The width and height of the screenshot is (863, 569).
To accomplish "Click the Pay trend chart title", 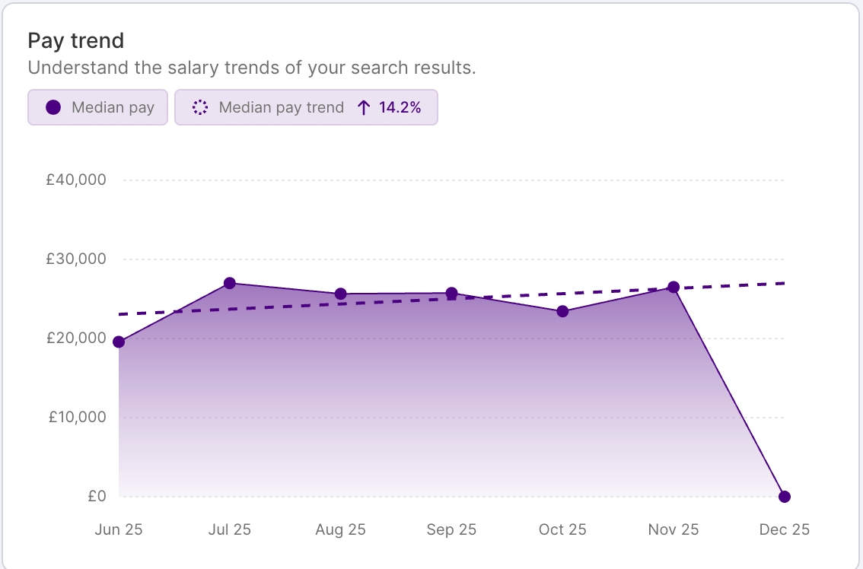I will (x=75, y=40).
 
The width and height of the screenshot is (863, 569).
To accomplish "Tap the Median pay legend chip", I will (x=97, y=107).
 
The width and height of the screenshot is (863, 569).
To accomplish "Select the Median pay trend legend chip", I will (x=306, y=107).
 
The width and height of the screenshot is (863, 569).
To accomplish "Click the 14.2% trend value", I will (x=400, y=107).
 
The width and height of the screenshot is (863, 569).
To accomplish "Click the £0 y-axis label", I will (x=97, y=496).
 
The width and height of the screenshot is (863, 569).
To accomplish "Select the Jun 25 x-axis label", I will (x=119, y=529).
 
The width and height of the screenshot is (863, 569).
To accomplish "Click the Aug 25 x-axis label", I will (x=340, y=529).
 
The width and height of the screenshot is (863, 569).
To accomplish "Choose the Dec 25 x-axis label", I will (x=785, y=529).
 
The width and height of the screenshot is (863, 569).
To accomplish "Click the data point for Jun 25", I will (x=119, y=342).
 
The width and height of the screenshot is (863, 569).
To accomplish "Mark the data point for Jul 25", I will (x=230, y=283).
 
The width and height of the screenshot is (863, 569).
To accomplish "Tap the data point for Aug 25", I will (x=341, y=294).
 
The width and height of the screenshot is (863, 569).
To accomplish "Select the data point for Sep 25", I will (x=451, y=293).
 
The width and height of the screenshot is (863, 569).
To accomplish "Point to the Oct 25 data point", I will (x=562, y=311).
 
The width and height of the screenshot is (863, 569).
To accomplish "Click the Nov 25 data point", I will (x=674, y=287).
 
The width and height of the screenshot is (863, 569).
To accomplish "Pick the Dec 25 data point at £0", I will (x=785, y=497).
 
